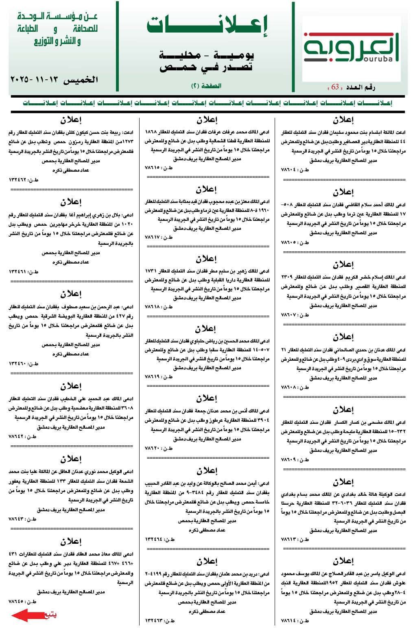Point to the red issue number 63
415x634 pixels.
335,87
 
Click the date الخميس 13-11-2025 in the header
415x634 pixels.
54,79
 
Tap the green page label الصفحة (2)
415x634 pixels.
206,86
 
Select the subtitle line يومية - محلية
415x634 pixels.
206,55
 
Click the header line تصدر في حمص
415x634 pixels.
206,67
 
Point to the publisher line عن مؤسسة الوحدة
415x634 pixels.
57,17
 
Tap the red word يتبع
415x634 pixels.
50,615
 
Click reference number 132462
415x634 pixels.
23,179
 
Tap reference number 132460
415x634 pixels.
23,363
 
